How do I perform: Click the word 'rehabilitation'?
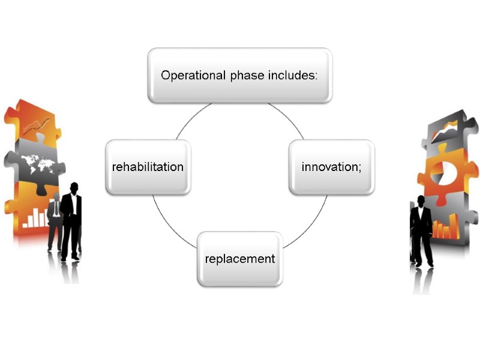(148, 166)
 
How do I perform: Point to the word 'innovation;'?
(331, 166)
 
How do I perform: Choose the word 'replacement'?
(240, 259)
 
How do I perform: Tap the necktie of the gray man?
(56, 208)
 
